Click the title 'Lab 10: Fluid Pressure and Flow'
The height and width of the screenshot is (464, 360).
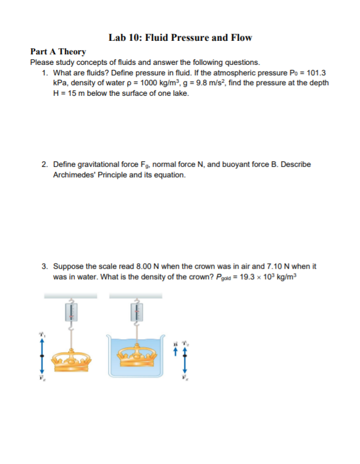(x=180, y=38)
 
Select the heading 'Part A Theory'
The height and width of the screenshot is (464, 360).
(x=58, y=52)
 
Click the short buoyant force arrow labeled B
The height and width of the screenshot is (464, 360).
(x=176, y=349)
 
